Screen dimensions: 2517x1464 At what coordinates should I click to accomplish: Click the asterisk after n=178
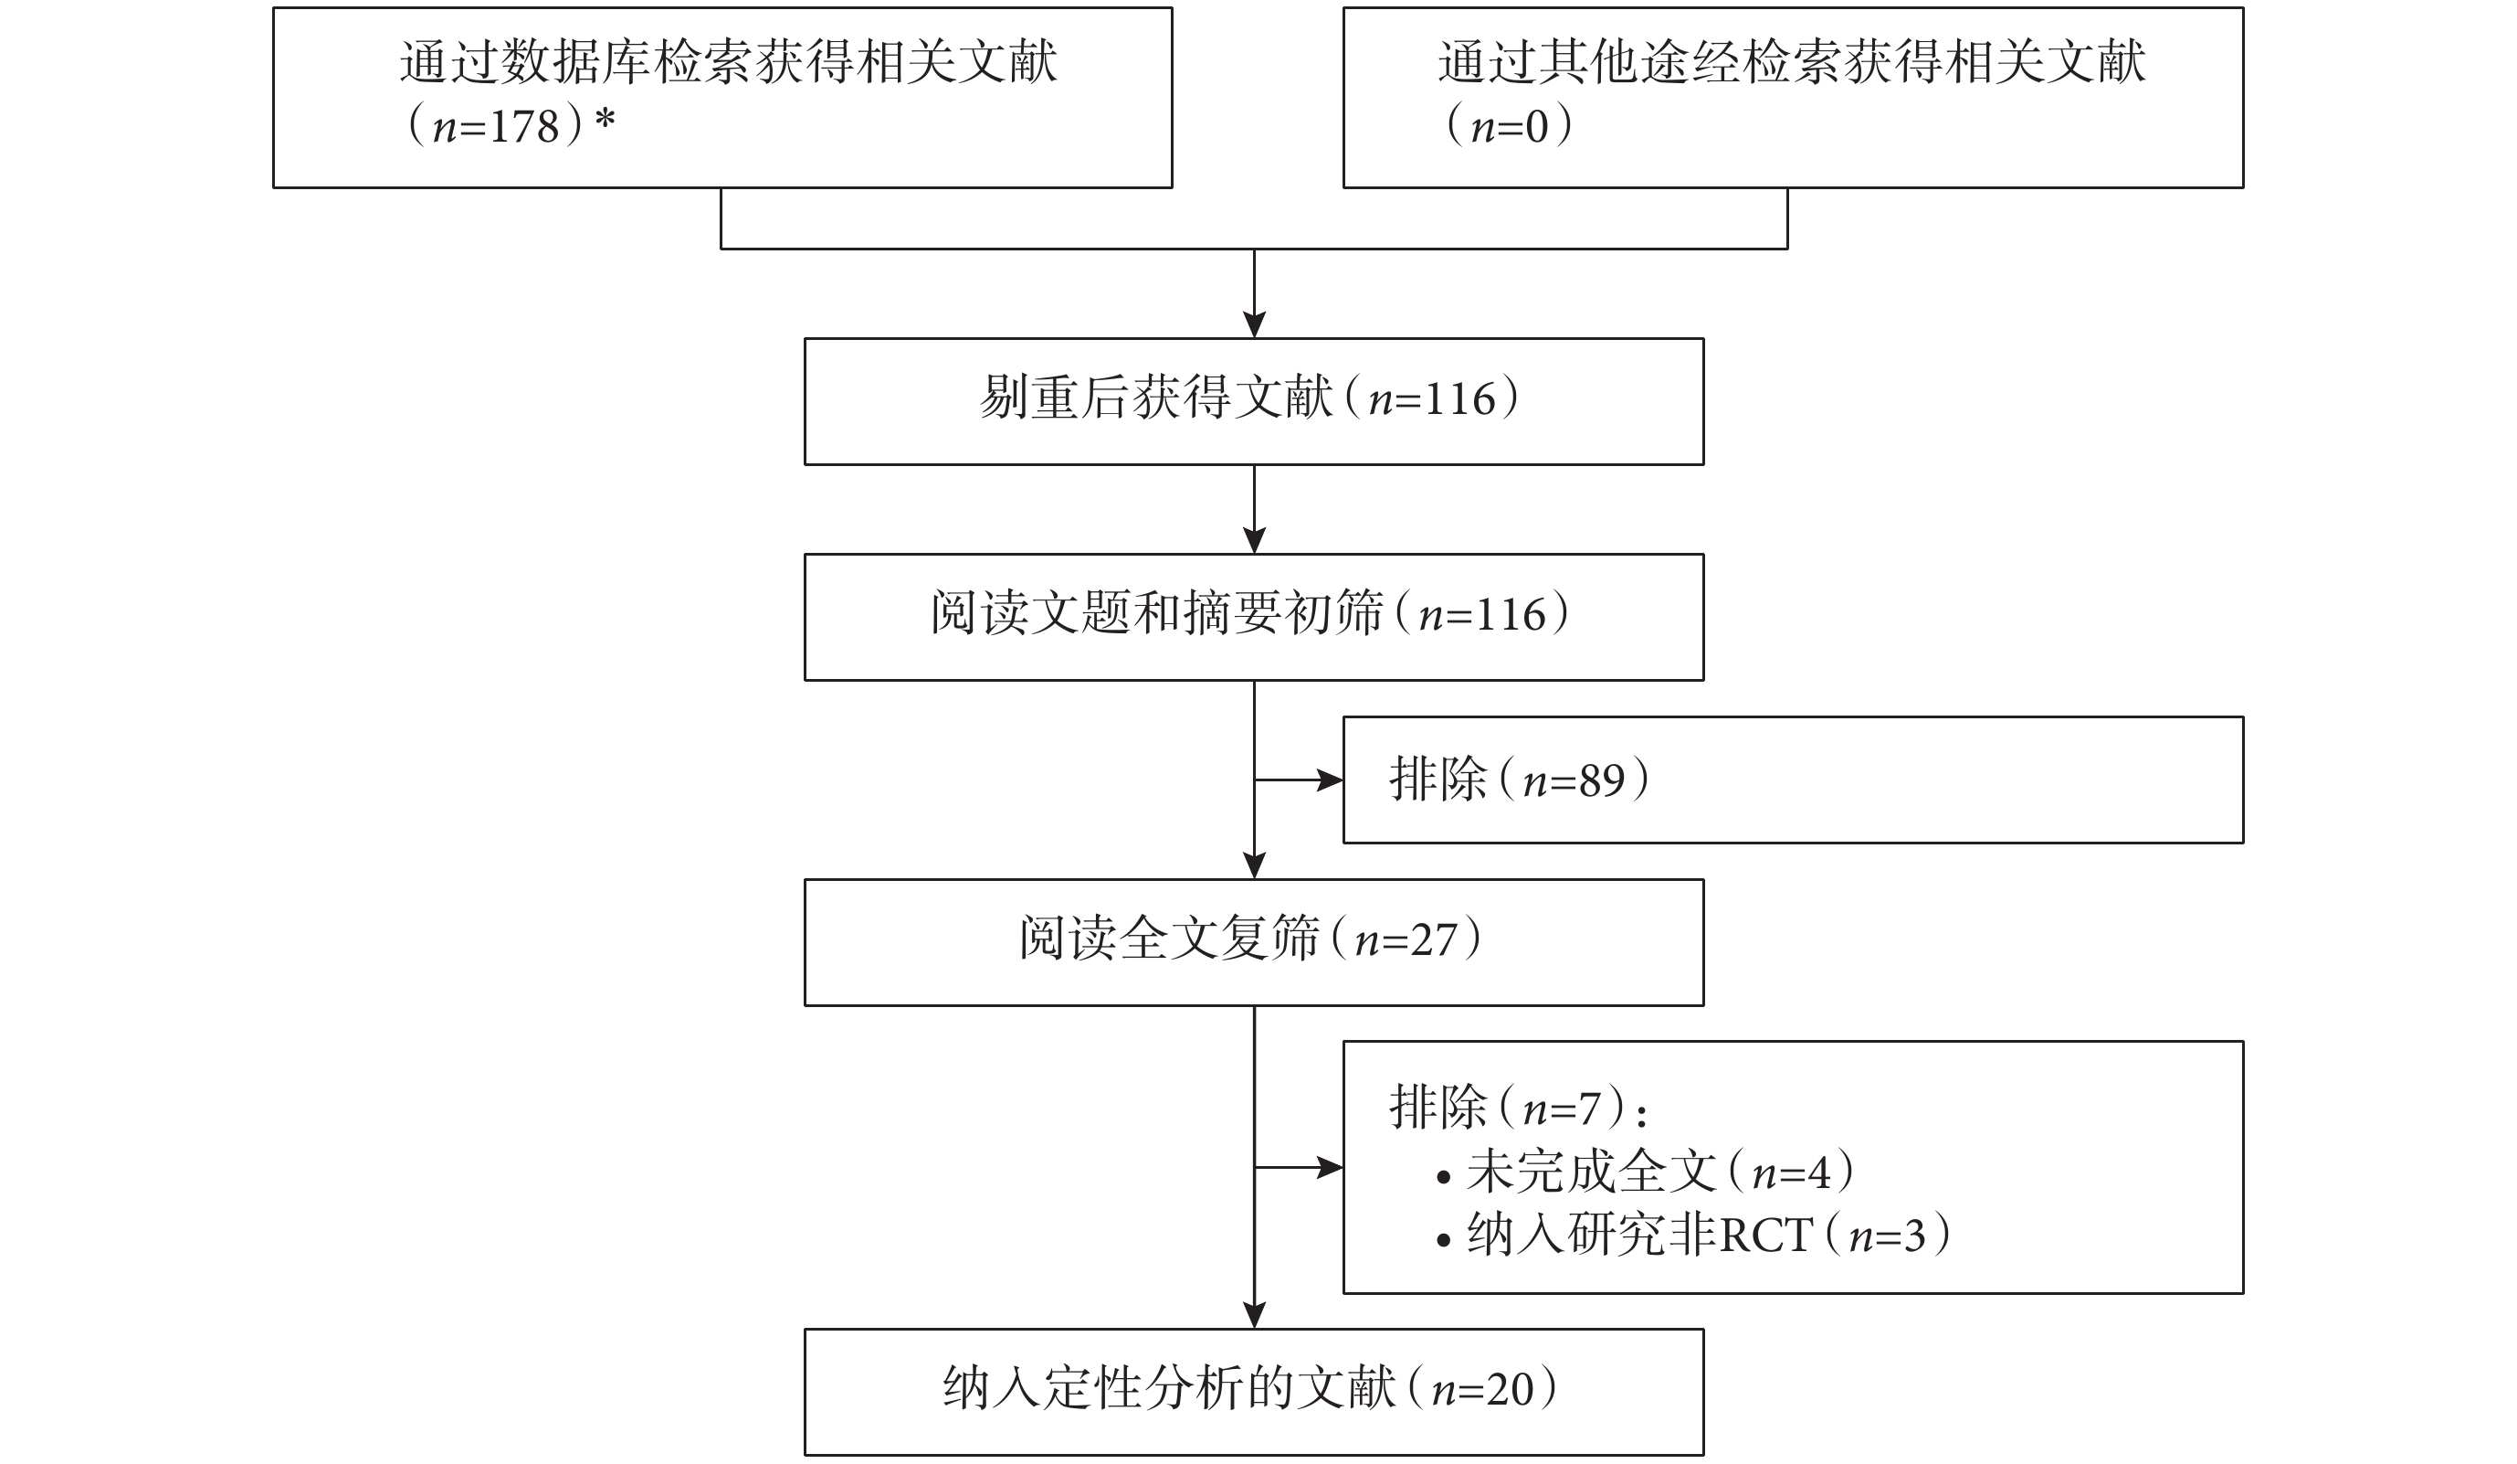(x=605, y=120)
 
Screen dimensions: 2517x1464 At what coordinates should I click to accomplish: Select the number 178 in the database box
(x=523, y=127)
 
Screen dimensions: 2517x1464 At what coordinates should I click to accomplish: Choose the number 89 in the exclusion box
(x=1601, y=780)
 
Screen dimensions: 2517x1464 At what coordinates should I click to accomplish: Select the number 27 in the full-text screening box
(x=1433, y=940)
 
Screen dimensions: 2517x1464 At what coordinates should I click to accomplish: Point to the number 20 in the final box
(x=1510, y=1390)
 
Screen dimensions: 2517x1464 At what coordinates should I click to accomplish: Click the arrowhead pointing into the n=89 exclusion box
(x=1331, y=780)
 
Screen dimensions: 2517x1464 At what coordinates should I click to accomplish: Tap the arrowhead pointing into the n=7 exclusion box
(x=1331, y=1167)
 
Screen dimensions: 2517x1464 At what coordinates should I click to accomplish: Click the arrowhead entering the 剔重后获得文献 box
(x=1254, y=324)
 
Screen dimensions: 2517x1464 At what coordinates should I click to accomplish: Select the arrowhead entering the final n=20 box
(x=1254, y=1315)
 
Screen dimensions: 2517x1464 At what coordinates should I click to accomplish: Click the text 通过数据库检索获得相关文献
(x=728, y=62)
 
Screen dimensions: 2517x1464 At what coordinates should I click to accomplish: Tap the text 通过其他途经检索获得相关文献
(x=1792, y=62)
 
